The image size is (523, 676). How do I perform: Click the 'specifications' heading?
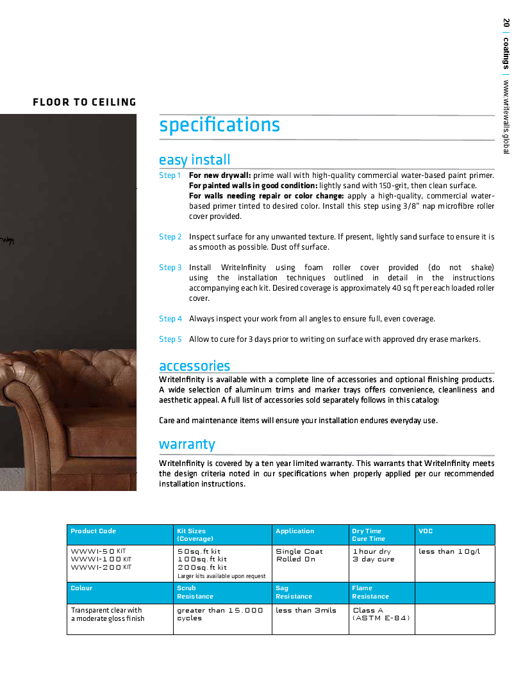[x=219, y=125]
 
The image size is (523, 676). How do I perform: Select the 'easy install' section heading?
[x=194, y=159]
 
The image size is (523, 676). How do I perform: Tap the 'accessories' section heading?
[x=194, y=366]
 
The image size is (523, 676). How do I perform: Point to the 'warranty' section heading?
[x=187, y=444]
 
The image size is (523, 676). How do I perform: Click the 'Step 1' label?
[x=170, y=175]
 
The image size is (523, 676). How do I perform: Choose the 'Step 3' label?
[x=170, y=268]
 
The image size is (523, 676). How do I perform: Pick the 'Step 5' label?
[x=170, y=339]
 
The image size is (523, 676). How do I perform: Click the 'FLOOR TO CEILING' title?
[x=85, y=102]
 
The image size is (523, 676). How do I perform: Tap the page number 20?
[x=506, y=22]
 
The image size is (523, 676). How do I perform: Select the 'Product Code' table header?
[x=94, y=531]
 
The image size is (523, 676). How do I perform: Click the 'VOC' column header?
[x=426, y=531]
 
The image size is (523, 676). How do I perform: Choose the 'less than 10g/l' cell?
[x=449, y=552]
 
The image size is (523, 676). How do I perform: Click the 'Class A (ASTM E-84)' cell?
[x=381, y=615]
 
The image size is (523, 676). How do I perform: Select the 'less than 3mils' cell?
[x=306, y=611]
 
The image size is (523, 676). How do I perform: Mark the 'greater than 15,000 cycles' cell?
[x=220, y=615]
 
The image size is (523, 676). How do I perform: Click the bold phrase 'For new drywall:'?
[x=219, y=175]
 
